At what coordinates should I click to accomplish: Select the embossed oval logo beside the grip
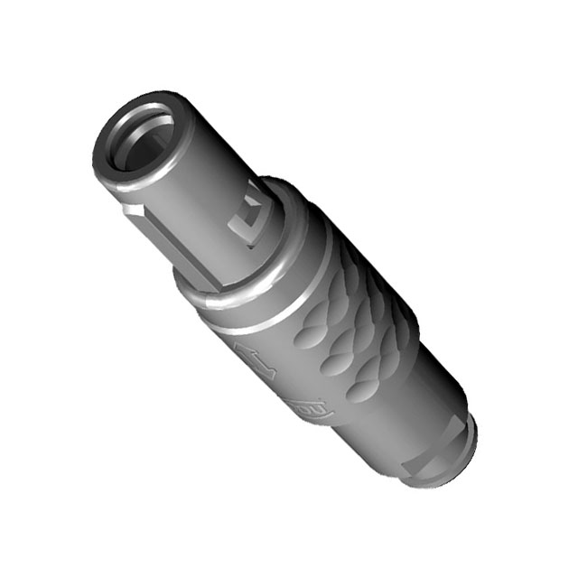point(316,412)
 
